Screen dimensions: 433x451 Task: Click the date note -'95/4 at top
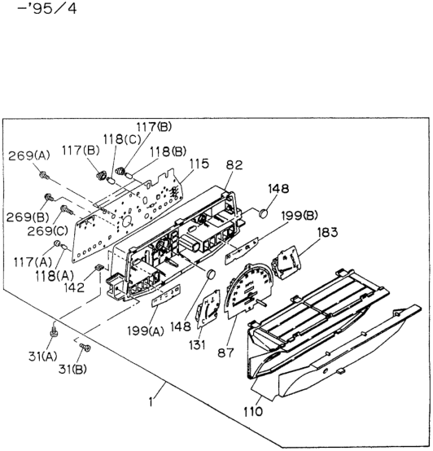[x=47, y=8]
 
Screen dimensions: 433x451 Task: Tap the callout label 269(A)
[x=29, y=155]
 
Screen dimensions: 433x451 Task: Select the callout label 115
[x=199, y=164]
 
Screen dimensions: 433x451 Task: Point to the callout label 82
[x=234, y=164]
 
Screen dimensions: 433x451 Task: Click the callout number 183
[x=327, y=232]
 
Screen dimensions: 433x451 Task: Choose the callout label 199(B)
[x=300, y=215]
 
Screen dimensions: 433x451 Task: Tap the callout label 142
[x=74, y=287]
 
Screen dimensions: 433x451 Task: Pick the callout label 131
[x=197, y=344]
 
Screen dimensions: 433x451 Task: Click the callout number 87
[x=225, y=352]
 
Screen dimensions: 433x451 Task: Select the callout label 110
[x=253, y=412]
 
